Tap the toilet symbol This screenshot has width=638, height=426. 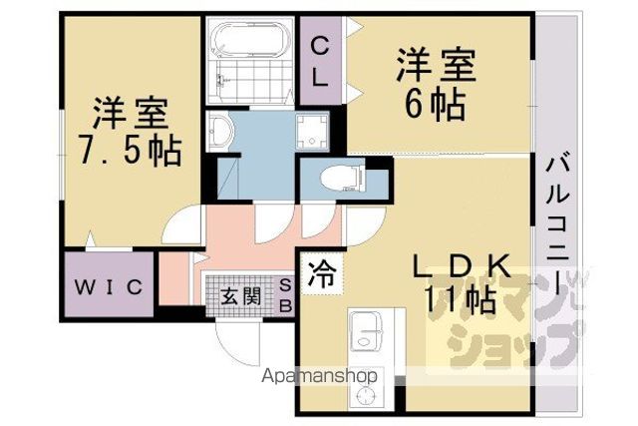tap(343, 179)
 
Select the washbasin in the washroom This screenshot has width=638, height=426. tap(220, 131)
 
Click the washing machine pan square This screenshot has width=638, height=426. tap(312, 132)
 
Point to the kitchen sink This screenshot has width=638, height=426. tap(365, 330)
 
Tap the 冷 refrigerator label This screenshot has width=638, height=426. tap(321, 274)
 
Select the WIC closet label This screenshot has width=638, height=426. tap(109, 287)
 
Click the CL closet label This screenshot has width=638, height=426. tap(320, 62)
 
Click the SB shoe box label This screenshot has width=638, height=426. tap(285, 295)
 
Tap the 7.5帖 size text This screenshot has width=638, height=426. tap(131, 151)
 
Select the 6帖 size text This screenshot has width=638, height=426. tap(436, 105)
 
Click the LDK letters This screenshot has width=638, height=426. tap(462, 266)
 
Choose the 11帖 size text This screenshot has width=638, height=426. tap(460, 299)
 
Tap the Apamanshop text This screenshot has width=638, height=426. tap(319, 375)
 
